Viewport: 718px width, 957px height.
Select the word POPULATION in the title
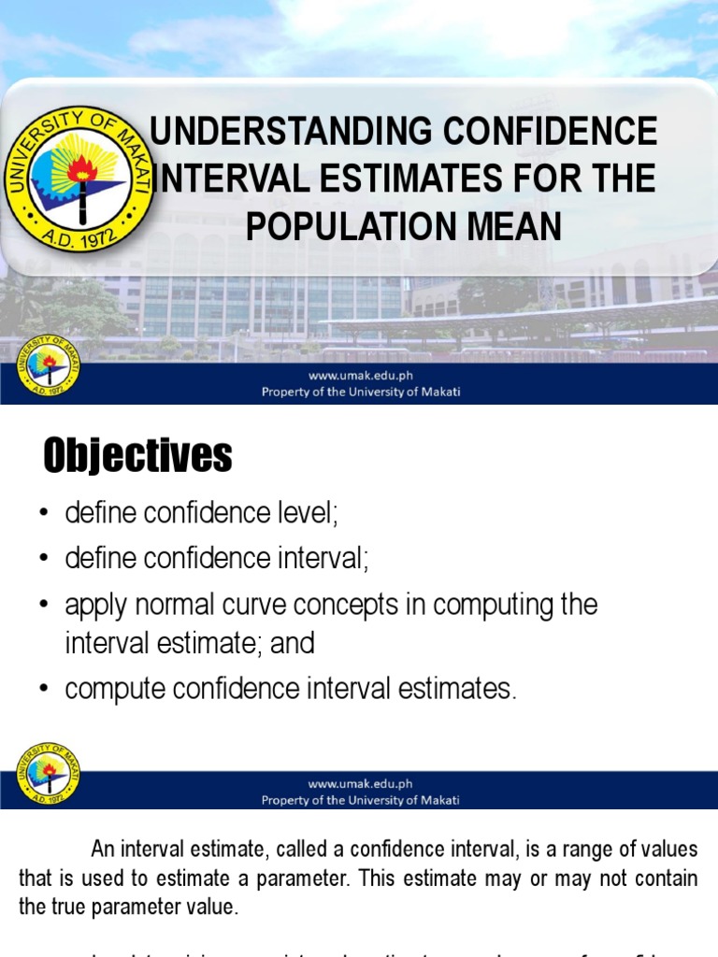click(x=363, y=225)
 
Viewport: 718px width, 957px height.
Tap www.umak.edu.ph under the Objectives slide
click(x=360, y=784)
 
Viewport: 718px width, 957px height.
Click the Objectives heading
click(x=137, y=456)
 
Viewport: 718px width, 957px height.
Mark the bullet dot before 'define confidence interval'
click(x=43, y=560)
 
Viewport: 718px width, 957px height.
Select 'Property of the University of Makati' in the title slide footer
click(x=360, y=393)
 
